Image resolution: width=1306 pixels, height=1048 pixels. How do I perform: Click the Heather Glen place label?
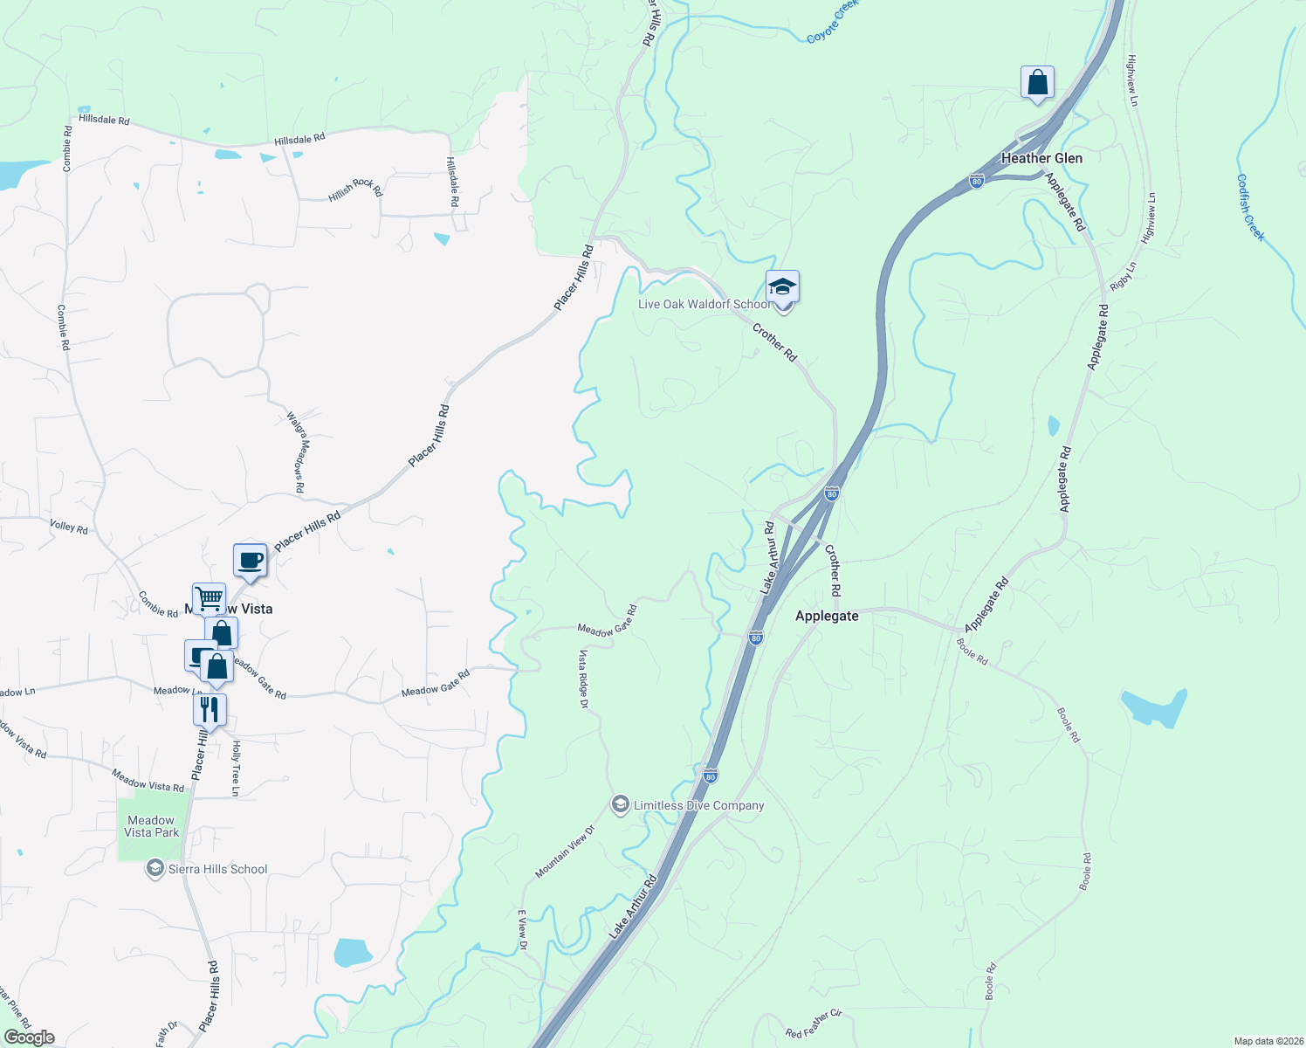click(x=1041, y=158)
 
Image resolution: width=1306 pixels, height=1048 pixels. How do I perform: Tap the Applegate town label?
click(x=827, y=616)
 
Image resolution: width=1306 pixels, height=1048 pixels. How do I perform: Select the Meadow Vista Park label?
click(x=151, y=826)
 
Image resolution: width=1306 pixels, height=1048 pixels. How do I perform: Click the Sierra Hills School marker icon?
click(x=155, y=869)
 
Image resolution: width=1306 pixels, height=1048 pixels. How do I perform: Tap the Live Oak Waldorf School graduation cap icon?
click(x=782, y=287)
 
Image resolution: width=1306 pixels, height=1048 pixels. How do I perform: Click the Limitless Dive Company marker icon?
click(x=620, y=804)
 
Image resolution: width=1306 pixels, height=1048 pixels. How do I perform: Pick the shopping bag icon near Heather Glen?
click(x=1037, y=83)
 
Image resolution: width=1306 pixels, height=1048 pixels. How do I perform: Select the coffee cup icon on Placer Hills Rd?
click(x=250, y=560)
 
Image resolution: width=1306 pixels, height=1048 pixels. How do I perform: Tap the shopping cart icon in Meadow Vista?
click(x=210, y=599)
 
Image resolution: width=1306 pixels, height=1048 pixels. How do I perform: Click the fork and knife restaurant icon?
click(x=210, y=709)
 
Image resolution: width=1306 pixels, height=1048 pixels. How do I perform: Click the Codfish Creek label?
click(x=1250, y=207)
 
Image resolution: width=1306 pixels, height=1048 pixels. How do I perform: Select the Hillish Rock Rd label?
click(x=355, y=189)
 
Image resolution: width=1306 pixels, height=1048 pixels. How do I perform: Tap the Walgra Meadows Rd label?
click(x=295, y=452)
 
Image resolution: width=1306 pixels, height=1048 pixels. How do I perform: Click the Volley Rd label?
click(x=69, y=527)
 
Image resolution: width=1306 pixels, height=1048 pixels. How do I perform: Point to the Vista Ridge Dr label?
click(x=583, y=678)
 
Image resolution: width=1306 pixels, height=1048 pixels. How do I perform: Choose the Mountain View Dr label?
click(x=565, y=851)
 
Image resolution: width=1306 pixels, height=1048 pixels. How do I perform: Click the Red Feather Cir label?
click(x=813, y=1024)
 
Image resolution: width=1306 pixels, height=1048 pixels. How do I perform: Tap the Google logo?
click(x=29, y=1038)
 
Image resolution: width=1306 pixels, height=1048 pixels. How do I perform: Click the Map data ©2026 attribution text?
click(x=1266, y=1041)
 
